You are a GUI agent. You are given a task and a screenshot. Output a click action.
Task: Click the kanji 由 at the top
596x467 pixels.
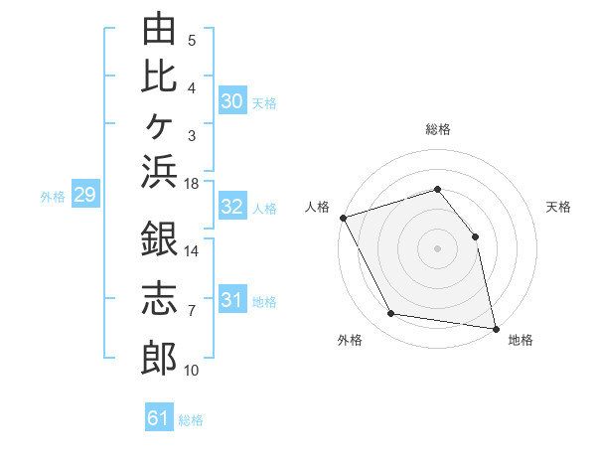(159, 28)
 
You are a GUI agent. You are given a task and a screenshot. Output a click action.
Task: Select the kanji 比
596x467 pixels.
(159, 77)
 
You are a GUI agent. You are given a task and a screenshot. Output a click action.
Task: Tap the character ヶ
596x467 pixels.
(159, 126)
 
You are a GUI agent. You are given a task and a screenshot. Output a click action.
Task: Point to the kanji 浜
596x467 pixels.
(159, 172)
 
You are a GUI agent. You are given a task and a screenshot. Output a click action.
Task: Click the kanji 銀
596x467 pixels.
(159, 238)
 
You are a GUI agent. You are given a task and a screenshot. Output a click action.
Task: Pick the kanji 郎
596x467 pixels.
(159, 358)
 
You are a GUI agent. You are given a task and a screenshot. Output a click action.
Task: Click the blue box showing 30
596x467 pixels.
(232, 100)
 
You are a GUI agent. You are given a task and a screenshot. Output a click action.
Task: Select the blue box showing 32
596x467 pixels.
(232, 206)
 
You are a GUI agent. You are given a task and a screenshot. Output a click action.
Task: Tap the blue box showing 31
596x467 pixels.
(232, 298)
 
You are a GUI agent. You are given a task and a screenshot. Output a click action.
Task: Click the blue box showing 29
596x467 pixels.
(85, 193)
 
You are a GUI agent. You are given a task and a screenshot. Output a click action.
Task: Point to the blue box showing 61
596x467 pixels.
(159, 416)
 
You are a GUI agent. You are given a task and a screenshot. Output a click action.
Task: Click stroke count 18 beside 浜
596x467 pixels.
(191, 184)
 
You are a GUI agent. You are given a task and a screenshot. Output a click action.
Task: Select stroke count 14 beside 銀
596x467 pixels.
(191, 251)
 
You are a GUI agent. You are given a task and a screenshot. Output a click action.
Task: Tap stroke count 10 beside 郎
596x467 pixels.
(191, 370)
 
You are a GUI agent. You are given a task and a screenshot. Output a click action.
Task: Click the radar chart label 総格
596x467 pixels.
(438, 129)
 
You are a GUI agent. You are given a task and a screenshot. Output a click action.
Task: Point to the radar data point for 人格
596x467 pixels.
(344, 218)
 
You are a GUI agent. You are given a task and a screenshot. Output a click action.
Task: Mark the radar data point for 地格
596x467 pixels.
(496, 329)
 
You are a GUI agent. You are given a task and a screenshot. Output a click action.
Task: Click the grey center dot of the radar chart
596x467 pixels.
(437, 248)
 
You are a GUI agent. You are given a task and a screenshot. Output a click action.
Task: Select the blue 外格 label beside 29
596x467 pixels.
(53, 197)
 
